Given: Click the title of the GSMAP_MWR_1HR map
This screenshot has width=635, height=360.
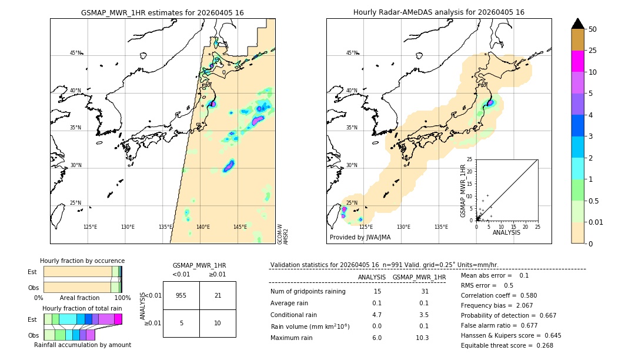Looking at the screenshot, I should (x=162, y=12).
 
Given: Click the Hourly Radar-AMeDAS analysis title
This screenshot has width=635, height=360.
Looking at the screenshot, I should (x=439, y=12).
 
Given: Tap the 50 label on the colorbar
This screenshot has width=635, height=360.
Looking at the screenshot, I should (x=593, y=29).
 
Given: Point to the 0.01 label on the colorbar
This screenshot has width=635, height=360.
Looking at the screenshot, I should (x=596, y=222).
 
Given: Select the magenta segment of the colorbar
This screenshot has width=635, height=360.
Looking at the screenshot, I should (x=578, y=62).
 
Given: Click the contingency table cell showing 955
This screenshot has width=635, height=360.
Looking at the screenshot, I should (x=181, y=295).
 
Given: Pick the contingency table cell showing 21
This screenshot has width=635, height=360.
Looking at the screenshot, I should (x=218, y=295).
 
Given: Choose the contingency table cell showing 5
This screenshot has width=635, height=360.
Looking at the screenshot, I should (x=181, y=324).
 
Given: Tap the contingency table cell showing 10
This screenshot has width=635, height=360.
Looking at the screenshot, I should (x=218, y=324).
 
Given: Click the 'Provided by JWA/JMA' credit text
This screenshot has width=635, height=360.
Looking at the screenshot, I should (x=360, y=237).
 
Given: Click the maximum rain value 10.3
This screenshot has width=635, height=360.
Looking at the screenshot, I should (x=422, y=338).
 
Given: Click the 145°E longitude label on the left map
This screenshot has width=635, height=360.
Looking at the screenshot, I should (x=240, y=227).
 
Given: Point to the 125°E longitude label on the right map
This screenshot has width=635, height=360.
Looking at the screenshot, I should (x=366, y=227).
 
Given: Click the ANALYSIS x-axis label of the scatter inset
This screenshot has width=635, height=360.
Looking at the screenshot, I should (x=506, y=232).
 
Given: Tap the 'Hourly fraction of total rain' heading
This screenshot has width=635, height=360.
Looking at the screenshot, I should (x=82, y=308).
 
